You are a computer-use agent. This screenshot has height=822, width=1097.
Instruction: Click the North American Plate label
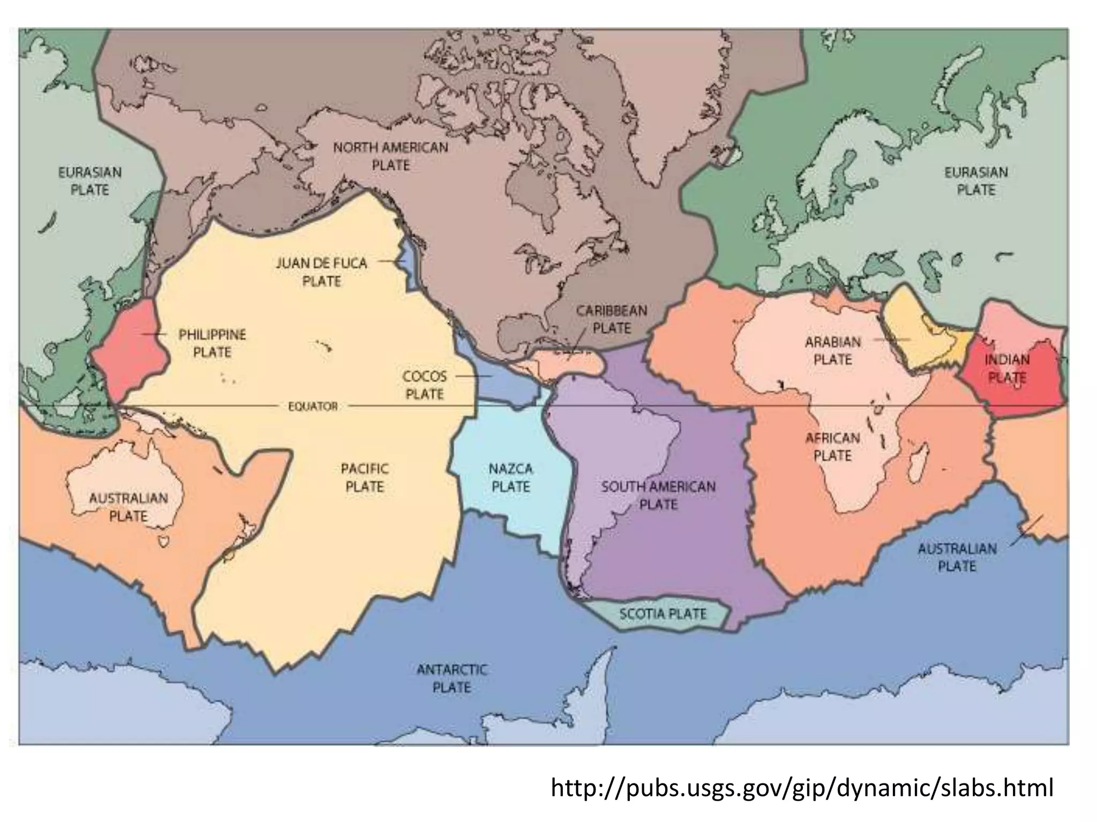[x=390, y=156]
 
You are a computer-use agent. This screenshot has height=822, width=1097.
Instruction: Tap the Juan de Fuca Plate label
[x=321, y=272]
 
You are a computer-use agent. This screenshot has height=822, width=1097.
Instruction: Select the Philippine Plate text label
[x=212, y=344]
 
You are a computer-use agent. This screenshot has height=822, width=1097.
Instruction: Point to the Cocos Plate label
[x=425, y=385]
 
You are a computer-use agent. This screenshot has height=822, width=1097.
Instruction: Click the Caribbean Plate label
[x=612, y=319]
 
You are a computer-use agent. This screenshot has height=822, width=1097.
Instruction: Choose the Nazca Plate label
[x=510, y=478]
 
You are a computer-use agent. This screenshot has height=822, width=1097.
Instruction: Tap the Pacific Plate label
[x=364, y=478]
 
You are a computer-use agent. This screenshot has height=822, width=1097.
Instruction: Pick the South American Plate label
[x=658, y=496]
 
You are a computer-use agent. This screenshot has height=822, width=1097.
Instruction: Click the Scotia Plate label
[x=663, y=614]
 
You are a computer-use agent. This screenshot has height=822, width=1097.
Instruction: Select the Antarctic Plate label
[x=452, y=679]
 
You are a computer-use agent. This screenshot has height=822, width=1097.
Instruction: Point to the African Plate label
[x=832, y=447]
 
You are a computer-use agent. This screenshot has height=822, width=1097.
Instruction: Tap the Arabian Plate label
[x=832, y=351]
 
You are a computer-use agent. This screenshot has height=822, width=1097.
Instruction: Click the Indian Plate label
[x=1007, y=368]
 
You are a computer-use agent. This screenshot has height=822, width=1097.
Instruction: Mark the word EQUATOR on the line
[x=313, y=407]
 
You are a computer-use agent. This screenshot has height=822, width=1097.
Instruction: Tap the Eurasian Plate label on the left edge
[x=90, y=181]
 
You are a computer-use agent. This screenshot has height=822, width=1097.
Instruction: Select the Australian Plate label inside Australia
[x=129, y=507]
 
